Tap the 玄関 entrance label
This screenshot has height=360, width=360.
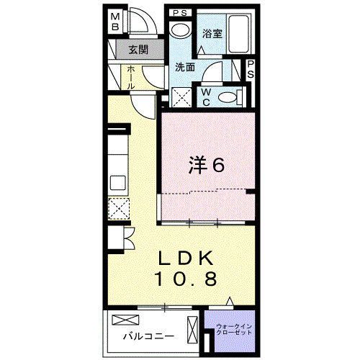point(138,50)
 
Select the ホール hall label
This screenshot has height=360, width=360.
point(130,77)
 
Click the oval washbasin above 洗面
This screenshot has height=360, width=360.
point(181,30)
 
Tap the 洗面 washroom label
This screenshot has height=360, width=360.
point(185,67)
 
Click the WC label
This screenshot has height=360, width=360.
point(205,95)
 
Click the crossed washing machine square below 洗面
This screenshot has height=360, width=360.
point(181,96)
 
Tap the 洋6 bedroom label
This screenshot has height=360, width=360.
point(207,165)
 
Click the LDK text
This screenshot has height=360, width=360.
point(186,258)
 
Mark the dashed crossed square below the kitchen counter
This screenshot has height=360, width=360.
point(117,208)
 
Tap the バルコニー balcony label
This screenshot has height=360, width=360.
point(147,336)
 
